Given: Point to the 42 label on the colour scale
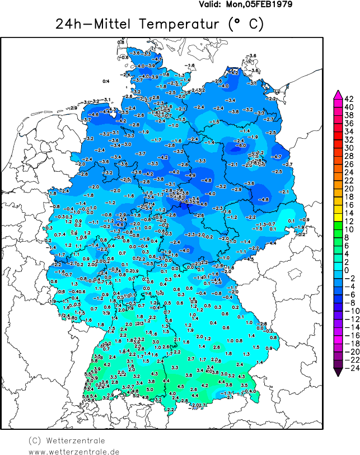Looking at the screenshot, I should coord(348,99).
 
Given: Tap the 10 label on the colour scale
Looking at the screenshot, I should coord(348,229).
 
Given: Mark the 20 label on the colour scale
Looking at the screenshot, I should coord(348,189).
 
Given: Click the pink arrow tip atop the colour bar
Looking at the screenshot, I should coord(338,93).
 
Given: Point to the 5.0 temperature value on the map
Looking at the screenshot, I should coord(149,389).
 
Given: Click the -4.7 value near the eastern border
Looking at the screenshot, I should coord(276,157).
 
